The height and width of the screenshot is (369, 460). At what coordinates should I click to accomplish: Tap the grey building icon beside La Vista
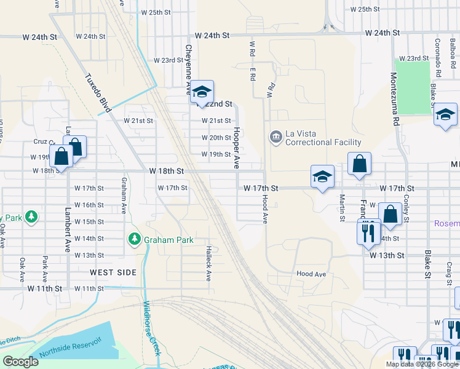[x=275, y=136]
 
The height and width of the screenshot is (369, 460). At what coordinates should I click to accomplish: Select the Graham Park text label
[x=169, y=240]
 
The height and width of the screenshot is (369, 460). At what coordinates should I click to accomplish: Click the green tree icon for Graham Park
[x=134, y=239]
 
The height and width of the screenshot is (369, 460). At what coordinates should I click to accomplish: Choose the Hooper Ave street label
[x=236, y=148]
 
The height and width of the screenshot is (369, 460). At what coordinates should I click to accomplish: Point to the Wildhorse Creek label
[x=151, y=328]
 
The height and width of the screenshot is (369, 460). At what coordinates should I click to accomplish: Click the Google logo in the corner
[x=20, y=362]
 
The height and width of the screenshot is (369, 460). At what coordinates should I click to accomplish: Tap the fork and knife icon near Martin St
[x=368, y=232]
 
